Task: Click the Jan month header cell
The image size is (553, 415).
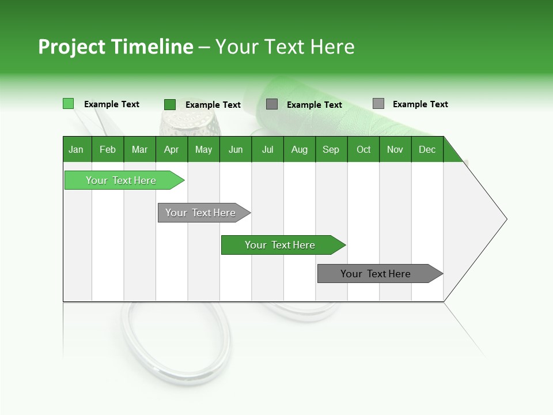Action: [77, 149]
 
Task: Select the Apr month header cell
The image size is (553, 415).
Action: [172, 149]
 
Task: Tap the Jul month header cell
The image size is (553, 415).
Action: [267, 149]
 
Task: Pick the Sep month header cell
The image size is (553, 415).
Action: [331, 149]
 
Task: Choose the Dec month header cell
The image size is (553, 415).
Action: [427, 149]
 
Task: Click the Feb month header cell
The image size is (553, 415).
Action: [108, 149]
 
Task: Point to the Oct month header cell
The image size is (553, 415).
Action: [363, 149]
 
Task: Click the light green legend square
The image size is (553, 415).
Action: [68, 104]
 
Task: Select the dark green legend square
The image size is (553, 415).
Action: [169, 104]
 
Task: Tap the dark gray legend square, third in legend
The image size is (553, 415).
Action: [272, 104]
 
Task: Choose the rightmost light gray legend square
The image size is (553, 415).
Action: [378, 104]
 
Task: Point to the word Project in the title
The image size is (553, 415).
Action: [71, 47]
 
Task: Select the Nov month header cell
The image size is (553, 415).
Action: [395, 149]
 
